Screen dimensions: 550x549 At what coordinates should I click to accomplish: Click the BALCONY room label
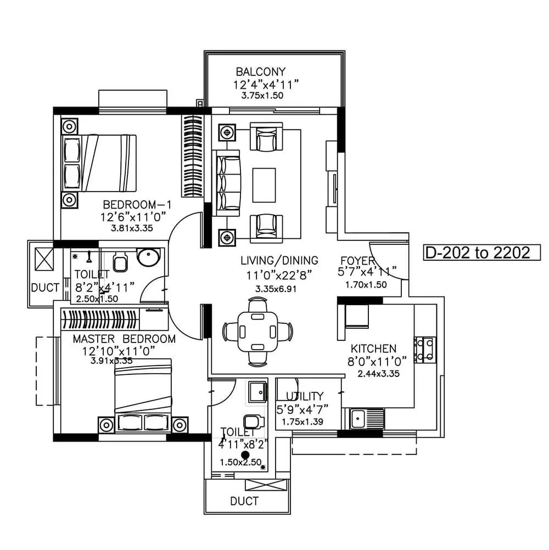tap(261, 72)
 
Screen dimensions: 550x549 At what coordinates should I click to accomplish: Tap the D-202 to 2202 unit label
tap(477, 252)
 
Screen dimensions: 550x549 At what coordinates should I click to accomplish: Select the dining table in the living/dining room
tap(257, 331)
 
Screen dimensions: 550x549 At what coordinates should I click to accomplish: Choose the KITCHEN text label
tap(373, 349)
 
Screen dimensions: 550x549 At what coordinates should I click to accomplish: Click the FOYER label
tap(357, 260)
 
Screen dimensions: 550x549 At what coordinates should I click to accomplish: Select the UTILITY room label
tap(305, 396)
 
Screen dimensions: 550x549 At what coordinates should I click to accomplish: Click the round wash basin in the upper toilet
tap(148, 257)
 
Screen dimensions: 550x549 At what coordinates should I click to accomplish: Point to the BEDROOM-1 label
tap(134, 204)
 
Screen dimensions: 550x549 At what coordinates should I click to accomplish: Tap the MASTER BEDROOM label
tap(124, 339)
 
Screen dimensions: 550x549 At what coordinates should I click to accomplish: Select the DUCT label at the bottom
tap(244, 501)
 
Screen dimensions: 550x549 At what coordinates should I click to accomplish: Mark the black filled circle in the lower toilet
tap(245, 454)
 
